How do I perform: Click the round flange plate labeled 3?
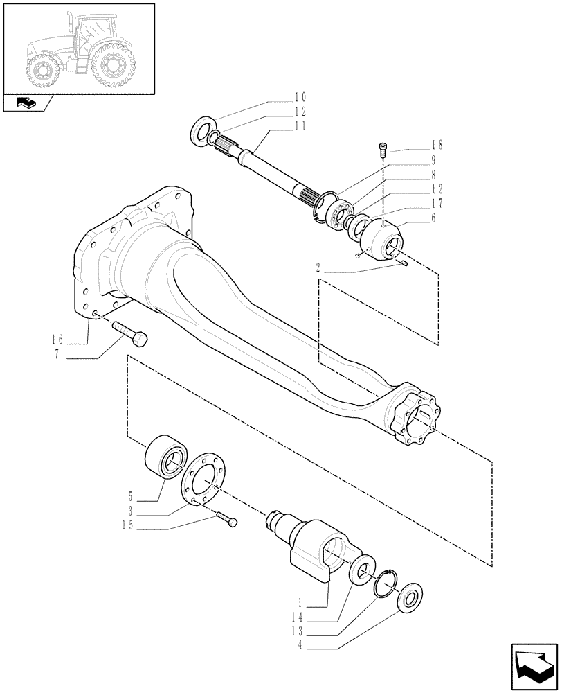pos(201,478)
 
